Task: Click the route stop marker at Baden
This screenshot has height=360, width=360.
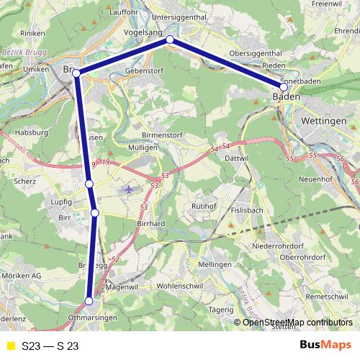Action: (284, 87)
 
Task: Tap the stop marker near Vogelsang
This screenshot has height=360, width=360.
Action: (170, 40)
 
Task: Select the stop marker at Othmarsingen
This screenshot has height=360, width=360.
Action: (89, 301)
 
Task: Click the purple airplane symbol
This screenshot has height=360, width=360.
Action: (128, 189)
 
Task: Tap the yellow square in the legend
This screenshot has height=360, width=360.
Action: (10, 346)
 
